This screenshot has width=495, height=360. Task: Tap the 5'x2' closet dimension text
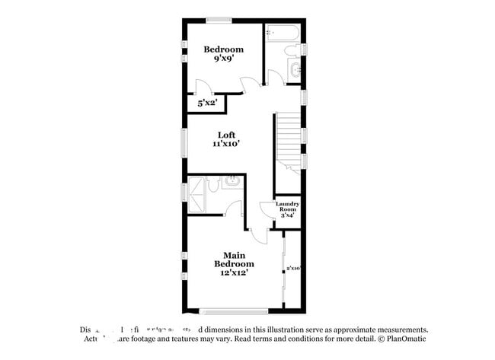click(208, 102)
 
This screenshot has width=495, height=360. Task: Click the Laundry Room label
click(288, 210)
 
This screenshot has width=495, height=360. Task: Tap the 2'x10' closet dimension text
click(294, 268)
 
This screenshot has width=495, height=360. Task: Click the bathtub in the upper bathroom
click(283, 33)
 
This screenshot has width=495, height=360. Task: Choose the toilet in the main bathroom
click(215, 183)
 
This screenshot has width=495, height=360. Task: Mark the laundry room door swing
click(267, 209)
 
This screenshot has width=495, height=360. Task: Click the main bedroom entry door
click(257, 234)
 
